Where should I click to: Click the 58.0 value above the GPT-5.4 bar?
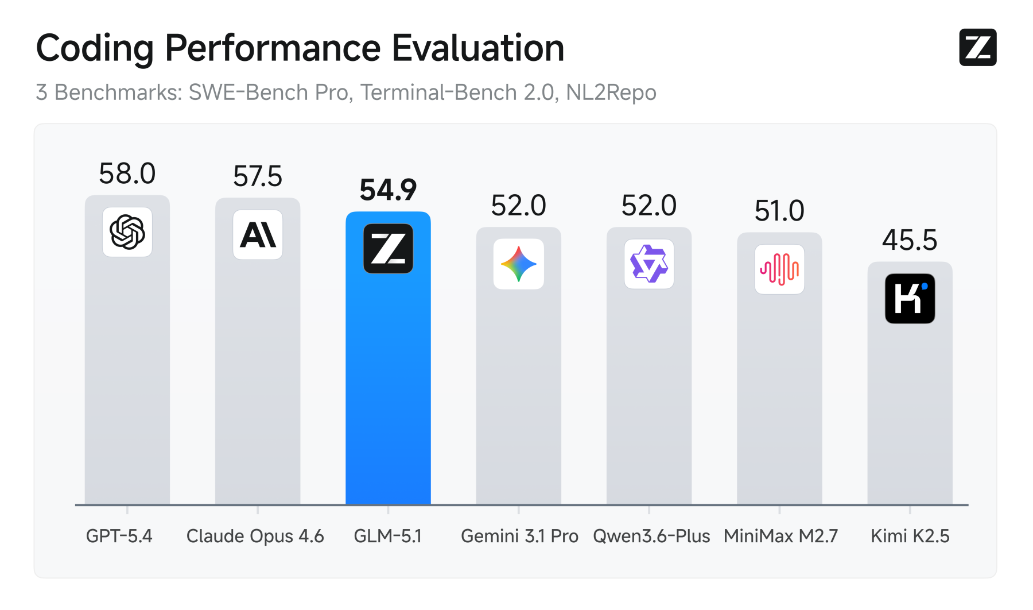click(x=127, y=173)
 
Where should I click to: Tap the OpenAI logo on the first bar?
click(x=127, y=232)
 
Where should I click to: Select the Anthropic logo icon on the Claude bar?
click(x=258, y=235)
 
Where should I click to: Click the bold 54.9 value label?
click(x=388, y=190)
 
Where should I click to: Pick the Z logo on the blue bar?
click(x=389, y=249)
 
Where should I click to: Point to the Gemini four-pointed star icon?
click(x=519, y=264)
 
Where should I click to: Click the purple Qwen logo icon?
click(x=649, y=264)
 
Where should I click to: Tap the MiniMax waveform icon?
click(x=779, y=269)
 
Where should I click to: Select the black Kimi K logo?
click(x=910, y=299)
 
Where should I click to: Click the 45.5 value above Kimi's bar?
click(x=910, y=240)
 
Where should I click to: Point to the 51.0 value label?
click(x=779, y=211)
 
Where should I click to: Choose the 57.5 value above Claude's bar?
click(x=258, y=176)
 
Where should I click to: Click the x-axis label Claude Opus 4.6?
click(x=255, y=536)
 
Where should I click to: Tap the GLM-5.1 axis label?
click(x=388, y=536)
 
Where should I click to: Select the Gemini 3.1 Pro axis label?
click(x=519, y=536)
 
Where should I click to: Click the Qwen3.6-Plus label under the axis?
click(x=651, y=536)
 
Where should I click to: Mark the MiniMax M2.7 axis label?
click(x=780, y=536)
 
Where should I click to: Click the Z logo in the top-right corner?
click(x=978, y=47)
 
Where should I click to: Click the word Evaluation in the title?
click(x=478, y=48)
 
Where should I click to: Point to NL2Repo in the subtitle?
click(x=611, y=92)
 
